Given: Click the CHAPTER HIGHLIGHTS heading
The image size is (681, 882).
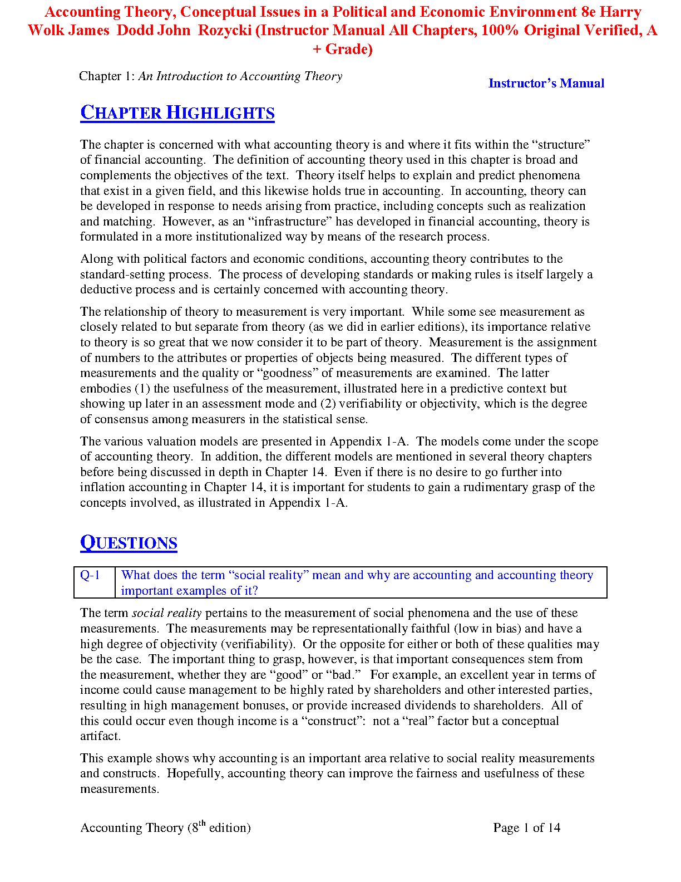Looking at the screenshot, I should click(177, 113).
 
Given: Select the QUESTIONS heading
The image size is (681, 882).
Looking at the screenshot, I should click(129, 543).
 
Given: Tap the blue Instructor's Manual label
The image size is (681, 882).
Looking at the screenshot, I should click(546, 84).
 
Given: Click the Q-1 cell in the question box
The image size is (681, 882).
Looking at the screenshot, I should click(90, 576).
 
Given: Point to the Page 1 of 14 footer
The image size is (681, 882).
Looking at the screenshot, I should click(526, 828).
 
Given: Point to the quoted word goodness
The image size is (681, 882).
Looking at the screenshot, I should click(287, 373).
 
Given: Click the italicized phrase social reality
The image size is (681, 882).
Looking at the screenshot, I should click(166, 613).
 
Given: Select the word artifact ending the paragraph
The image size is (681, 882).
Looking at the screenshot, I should click(100, 736).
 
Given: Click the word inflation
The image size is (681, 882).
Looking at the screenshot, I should click(102, 487).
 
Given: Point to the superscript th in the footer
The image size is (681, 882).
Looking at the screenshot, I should click(202, 824).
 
